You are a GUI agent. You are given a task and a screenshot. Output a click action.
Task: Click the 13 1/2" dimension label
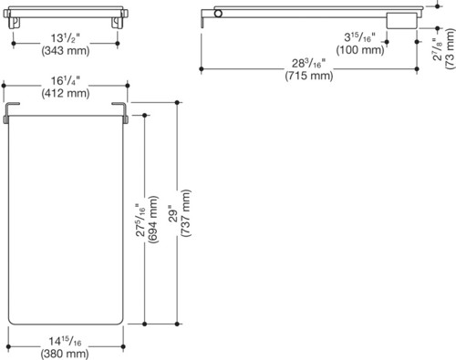point(66,38)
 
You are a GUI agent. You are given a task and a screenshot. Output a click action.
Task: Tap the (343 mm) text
point(66,50)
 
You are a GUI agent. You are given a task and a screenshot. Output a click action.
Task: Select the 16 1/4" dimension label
point(66,81)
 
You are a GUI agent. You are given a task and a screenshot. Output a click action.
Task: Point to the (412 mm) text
point(66,93)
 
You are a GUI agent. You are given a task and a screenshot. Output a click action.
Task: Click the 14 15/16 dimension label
point(65,341)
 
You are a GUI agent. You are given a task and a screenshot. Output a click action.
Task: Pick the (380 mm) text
point(65,354)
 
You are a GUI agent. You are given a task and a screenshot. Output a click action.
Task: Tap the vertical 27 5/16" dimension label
point(140,220)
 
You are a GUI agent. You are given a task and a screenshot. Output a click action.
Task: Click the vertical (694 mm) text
point(152,220)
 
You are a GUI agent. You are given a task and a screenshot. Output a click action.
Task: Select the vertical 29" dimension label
point(173,213)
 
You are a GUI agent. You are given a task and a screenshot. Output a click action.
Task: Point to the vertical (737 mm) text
point(185,213)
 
